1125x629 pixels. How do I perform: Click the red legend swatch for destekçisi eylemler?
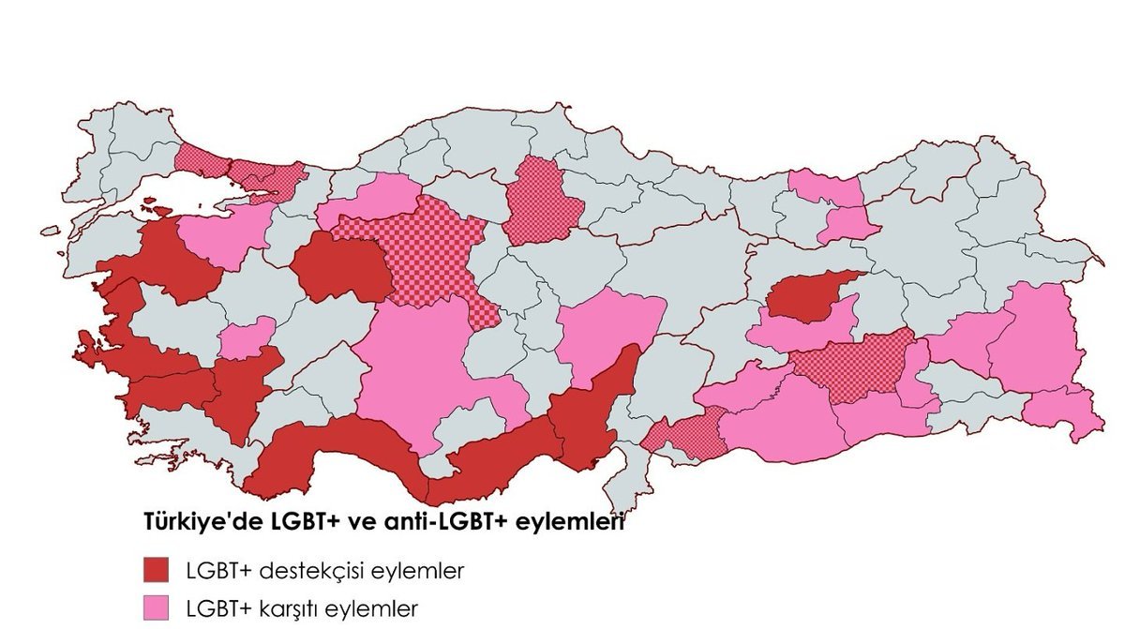point(155,569)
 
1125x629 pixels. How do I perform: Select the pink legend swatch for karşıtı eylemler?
point(155,607)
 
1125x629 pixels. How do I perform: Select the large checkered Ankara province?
point(422,253)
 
